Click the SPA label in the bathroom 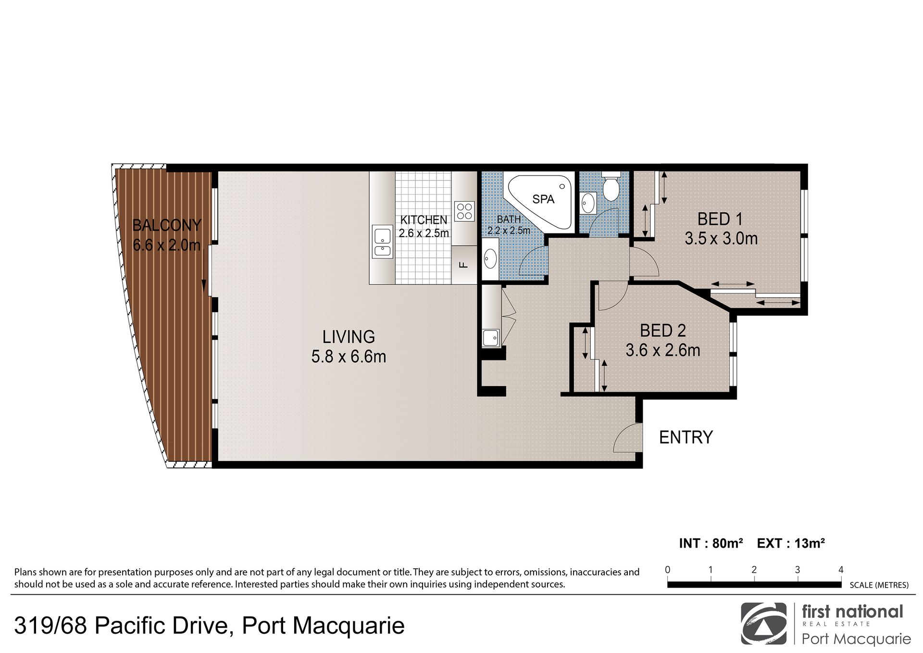pyautogui.click(x=543, y=199)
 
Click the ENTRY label pyautogui.click(x=686, y=437)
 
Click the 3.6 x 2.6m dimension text pyautogui.click(x=662, y=350)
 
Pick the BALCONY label pyautogui.click(x=166, y=225)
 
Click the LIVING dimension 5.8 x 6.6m pyautogui.click(x=349, y=357)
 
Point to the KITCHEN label pyautogui.click(x=424, y=220)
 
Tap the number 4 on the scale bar pyautogui.click(x=841, y=570)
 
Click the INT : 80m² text pyautogui.click(x=711, y=543)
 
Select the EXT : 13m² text pyautogui.click(x=791, y=543)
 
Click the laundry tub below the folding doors pyautogui.click(x=491, y=338)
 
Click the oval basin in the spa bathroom pyautogui.click(x=490, y=258)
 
